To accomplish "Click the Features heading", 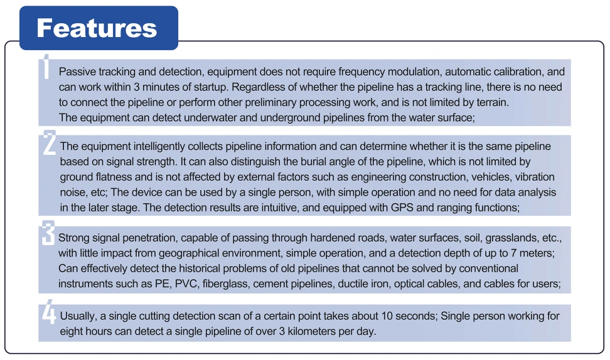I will coord(97,28).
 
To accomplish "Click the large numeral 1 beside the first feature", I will coord(46,67).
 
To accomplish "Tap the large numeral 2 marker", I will coord(49,144).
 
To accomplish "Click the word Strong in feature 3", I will coord(74,238).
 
